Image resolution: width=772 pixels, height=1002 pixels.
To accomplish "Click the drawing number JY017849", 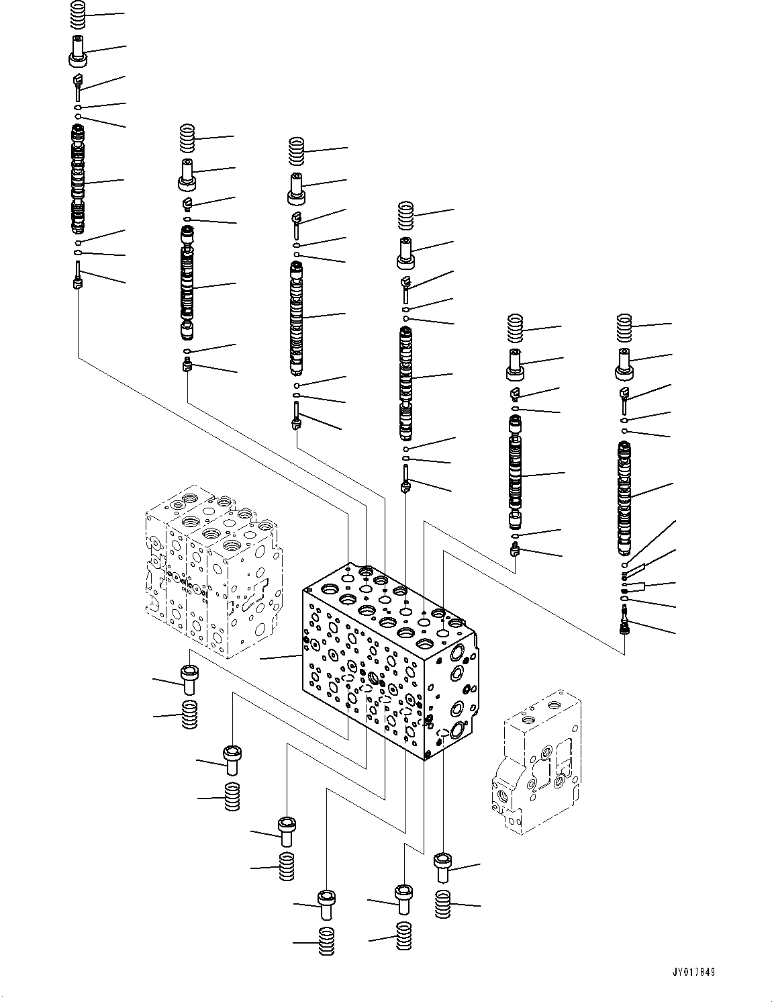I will (693, 971).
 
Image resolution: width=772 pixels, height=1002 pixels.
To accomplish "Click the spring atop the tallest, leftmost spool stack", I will (79, 15).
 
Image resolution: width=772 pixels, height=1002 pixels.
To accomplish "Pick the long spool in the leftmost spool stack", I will (79, 180).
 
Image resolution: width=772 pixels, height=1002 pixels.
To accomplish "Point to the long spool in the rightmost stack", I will (625, 497).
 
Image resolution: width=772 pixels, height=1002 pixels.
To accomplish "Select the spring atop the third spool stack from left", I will (297, 150).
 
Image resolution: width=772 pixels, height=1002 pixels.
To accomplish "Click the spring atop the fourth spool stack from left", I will (406, 216).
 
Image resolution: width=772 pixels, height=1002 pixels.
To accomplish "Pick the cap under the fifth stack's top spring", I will (516, 363).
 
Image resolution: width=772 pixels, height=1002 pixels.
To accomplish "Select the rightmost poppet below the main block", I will (442, 867).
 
